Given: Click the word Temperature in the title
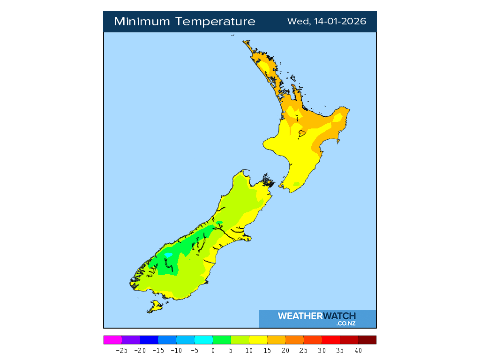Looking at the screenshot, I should click(216, 22).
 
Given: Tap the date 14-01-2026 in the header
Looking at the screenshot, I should click(338, 22).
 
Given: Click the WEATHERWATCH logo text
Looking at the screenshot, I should click(317, 316).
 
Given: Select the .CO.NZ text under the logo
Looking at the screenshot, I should click(346, 323).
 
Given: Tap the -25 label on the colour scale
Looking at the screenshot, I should click(121, 350).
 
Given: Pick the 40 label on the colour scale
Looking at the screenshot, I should click(358, 350).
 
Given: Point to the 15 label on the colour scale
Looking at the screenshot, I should click(267, 350).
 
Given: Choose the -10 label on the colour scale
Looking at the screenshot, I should click(176, 350).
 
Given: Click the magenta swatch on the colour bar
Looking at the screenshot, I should click(112, 340).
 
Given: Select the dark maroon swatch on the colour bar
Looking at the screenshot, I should click(367, 340).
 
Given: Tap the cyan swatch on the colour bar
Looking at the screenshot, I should click(203, 340).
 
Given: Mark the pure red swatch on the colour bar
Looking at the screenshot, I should click(331, 340).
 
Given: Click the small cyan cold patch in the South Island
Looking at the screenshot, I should click(167, 255).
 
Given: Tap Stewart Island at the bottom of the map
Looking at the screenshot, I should click(154, 307).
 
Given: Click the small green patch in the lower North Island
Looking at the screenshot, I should click(296, 183).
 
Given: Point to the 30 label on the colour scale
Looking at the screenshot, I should click(322, 350).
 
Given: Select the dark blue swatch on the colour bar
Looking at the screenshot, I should click(149, 340).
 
